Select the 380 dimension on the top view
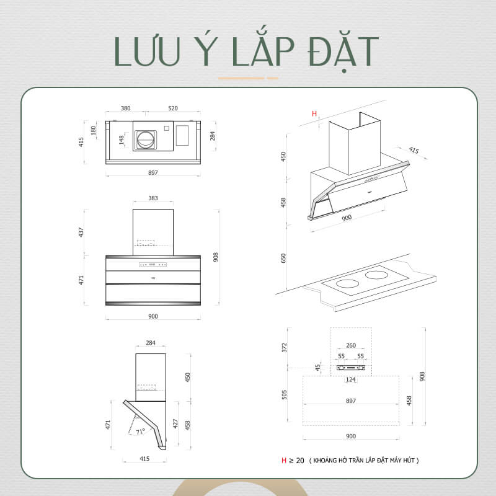[125, 108]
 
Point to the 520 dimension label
[173, 108]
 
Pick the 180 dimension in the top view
[94, 131]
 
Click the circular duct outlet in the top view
[147, 139]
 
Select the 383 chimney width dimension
[153, 198]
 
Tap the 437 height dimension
[81, 231]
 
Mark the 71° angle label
[141, 431]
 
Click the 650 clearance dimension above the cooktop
[283, 259]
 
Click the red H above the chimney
[314, 113]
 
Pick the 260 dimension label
[351, 345]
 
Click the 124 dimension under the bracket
[351, 379]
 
